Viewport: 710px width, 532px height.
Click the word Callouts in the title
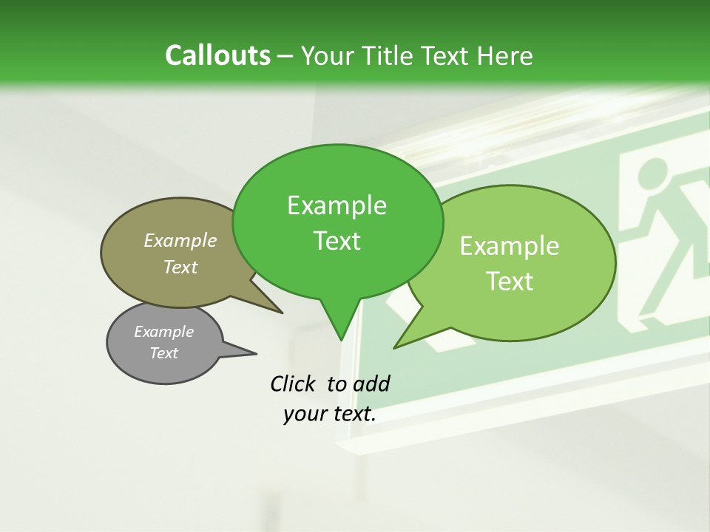[x=217, y=56]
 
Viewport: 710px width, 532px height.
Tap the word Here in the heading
[x=506, y=56]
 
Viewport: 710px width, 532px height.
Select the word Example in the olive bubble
[x=180, y=240]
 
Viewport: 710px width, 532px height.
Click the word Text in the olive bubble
[x=180, y=267]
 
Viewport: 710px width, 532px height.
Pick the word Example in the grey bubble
[x=164, y=332]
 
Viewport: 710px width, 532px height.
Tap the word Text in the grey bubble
[x=164, y=353]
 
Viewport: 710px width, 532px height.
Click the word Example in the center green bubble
[x=337, y=205]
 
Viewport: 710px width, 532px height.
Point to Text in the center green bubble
[x=337, y=241]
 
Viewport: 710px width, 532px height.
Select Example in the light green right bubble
[x=510, y=246]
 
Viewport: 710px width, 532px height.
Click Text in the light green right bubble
[x=510, y=281]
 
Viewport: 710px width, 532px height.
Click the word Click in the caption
[x=294, y=383]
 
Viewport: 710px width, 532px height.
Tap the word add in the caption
[x=371, y=383]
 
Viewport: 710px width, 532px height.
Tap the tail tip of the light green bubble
[x=396, y=346]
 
